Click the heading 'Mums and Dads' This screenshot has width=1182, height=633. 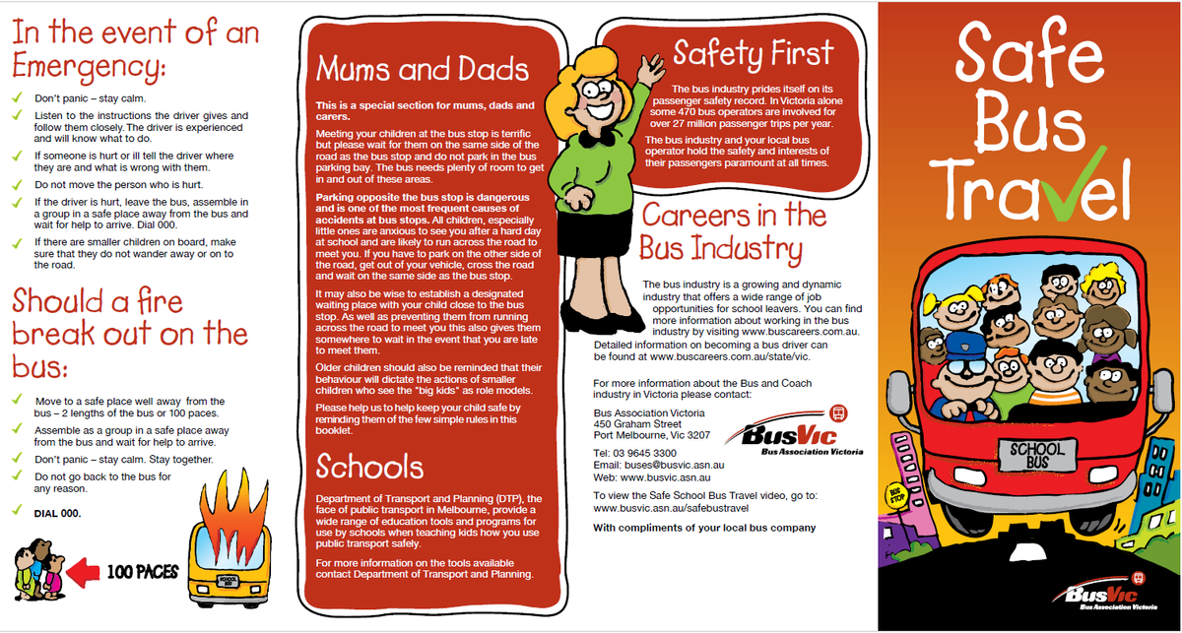(423, 70)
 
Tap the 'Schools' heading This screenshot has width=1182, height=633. (370, 466)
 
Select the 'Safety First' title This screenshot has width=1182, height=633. (754, 52)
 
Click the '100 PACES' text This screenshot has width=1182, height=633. (142, 571)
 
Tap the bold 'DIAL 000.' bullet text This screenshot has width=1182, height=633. (58, 513)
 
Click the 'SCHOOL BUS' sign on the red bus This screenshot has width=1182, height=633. (1038, 455)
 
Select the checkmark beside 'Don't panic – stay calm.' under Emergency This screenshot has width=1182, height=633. (18, 98)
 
